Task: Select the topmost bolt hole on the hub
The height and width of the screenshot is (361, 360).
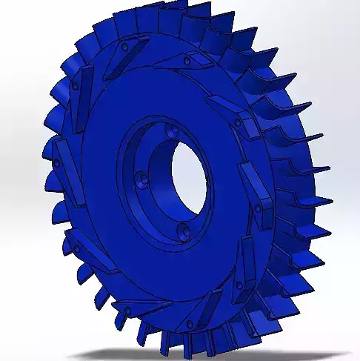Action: [x=173, y=133]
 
